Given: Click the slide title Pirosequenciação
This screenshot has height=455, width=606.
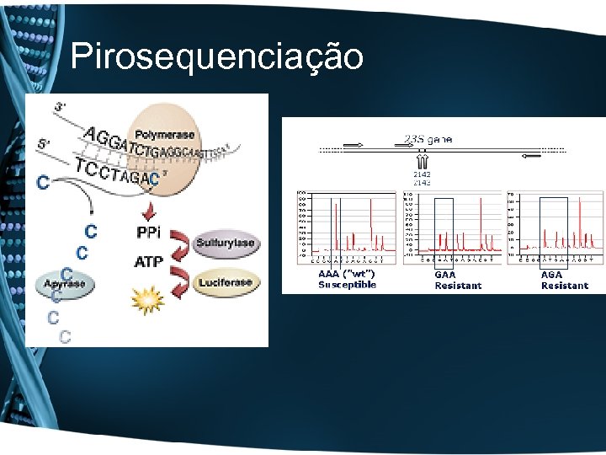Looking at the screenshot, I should [217, 57].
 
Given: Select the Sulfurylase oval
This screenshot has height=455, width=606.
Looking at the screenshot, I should [225, 244].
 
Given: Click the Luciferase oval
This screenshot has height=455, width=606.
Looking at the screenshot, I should [225, 282].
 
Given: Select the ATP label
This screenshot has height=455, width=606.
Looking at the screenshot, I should [149, 262].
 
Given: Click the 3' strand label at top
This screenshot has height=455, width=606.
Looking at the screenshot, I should [61, 107].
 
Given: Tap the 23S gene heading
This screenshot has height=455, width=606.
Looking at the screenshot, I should [428, 139].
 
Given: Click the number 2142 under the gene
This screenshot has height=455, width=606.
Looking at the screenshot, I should [422, 174].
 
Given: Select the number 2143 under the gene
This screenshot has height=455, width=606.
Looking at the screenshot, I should [422, 182].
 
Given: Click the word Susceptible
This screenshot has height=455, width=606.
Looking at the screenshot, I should [347, 285].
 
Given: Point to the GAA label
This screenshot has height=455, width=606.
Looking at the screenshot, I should [444, 275].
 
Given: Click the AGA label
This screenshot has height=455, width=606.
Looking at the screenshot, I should [551, 275].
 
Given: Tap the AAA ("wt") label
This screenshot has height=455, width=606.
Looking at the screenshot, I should [346, 274].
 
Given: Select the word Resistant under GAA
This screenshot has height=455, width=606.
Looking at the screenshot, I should [458, 286].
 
